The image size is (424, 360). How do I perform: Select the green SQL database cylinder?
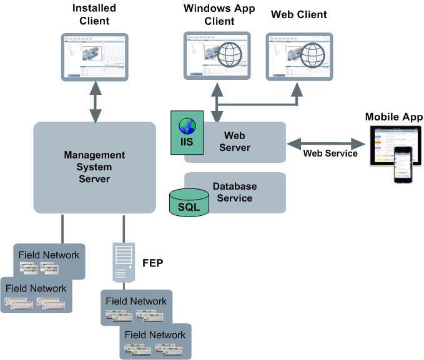coord(189,204)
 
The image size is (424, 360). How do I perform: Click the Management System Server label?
coord(94,167)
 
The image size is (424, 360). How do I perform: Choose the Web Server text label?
coord(237,142)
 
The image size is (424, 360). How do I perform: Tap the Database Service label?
coord(235,192)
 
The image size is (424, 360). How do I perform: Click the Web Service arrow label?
coord(330,153)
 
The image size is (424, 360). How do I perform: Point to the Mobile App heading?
coord(394,117)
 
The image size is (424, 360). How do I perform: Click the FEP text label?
coord(152,263)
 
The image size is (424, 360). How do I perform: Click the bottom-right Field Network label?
coord(155,335)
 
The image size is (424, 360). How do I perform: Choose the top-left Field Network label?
coord(49,255)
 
